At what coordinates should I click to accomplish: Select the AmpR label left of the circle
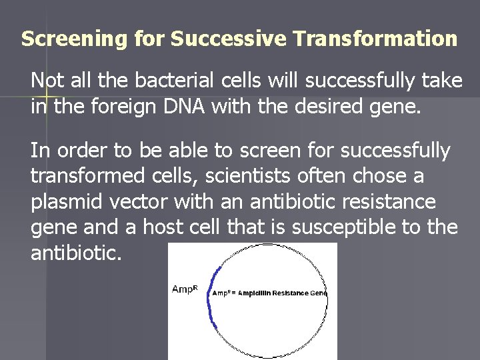click(185, 289)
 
